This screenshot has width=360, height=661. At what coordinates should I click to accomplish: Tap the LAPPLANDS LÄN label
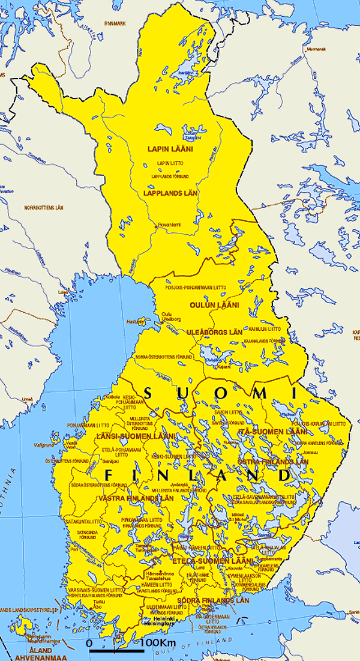(x=171, y=193)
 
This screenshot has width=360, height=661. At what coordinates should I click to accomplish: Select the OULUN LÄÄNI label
(x=214, y=305)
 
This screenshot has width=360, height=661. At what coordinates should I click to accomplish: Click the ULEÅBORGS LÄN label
(x=214, y=332)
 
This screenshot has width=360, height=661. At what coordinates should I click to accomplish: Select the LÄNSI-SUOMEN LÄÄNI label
(x=136, y=436)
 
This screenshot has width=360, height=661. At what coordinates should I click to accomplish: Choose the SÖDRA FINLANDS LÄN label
(x=212, y=600)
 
